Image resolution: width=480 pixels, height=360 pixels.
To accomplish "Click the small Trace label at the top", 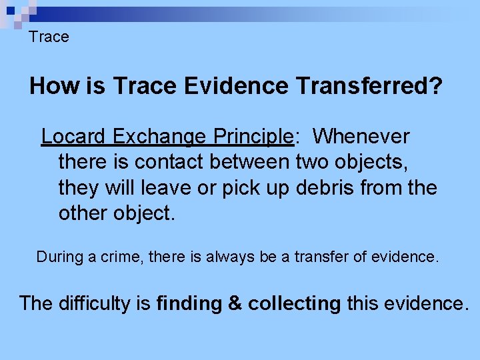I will pos(49,37).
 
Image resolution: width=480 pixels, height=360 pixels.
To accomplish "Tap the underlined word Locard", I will pos(74,137).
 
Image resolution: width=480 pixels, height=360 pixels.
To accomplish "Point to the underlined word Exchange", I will pos(159,137).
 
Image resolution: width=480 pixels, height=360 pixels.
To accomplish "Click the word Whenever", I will pos(361,137).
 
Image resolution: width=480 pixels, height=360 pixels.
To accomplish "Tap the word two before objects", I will pos(311,162).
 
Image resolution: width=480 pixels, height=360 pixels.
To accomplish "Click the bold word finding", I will pos(189,303).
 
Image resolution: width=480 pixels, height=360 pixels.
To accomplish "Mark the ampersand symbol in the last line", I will pos(235,303).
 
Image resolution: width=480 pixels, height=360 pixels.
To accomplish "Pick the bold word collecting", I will pos(294,303).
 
